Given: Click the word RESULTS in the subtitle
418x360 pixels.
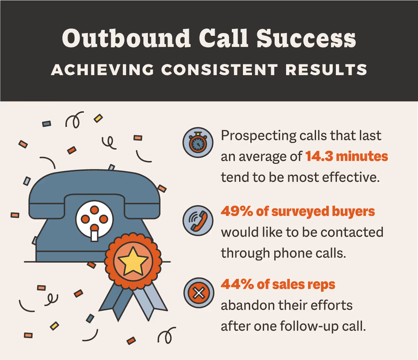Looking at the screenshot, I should click(326, 70).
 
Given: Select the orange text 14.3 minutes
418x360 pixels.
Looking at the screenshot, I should click(347, 157).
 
